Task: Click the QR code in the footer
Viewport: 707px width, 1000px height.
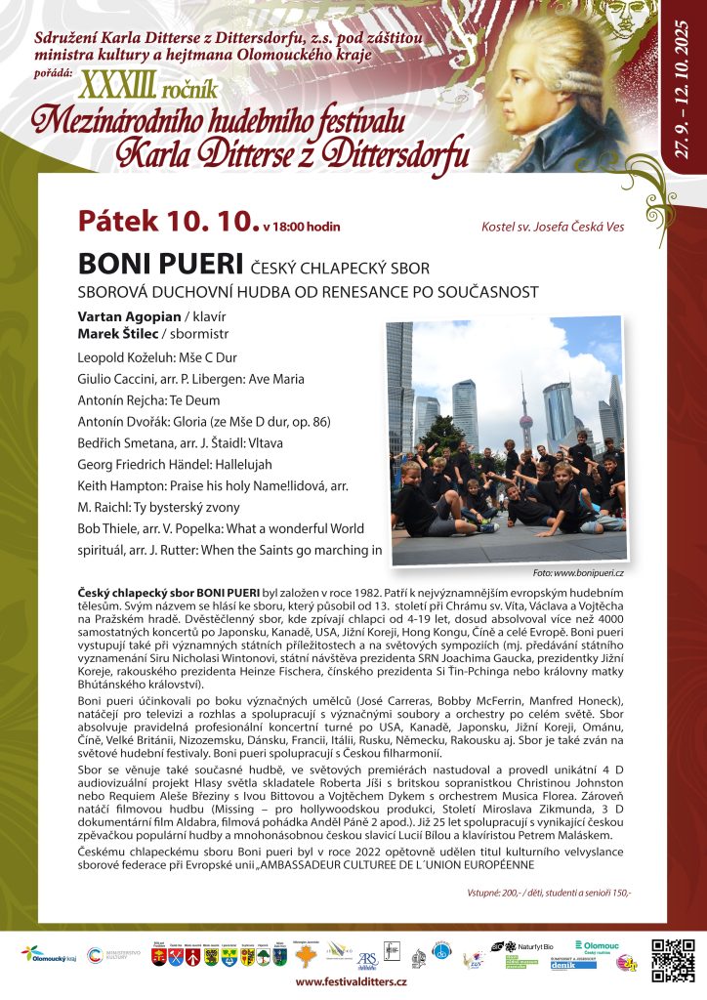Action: coord(672,959)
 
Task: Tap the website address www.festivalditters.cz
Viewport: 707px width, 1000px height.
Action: coord(351,981)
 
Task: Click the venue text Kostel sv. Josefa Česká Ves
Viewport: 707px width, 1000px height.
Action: coord(553,228)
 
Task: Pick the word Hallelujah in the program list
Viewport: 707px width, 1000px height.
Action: coord(234,465)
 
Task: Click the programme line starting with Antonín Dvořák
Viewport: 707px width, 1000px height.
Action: coord(204,422)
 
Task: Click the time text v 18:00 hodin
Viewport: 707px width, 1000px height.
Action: coord(302,227)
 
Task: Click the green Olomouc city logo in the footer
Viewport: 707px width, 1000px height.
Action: coord(598,947)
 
